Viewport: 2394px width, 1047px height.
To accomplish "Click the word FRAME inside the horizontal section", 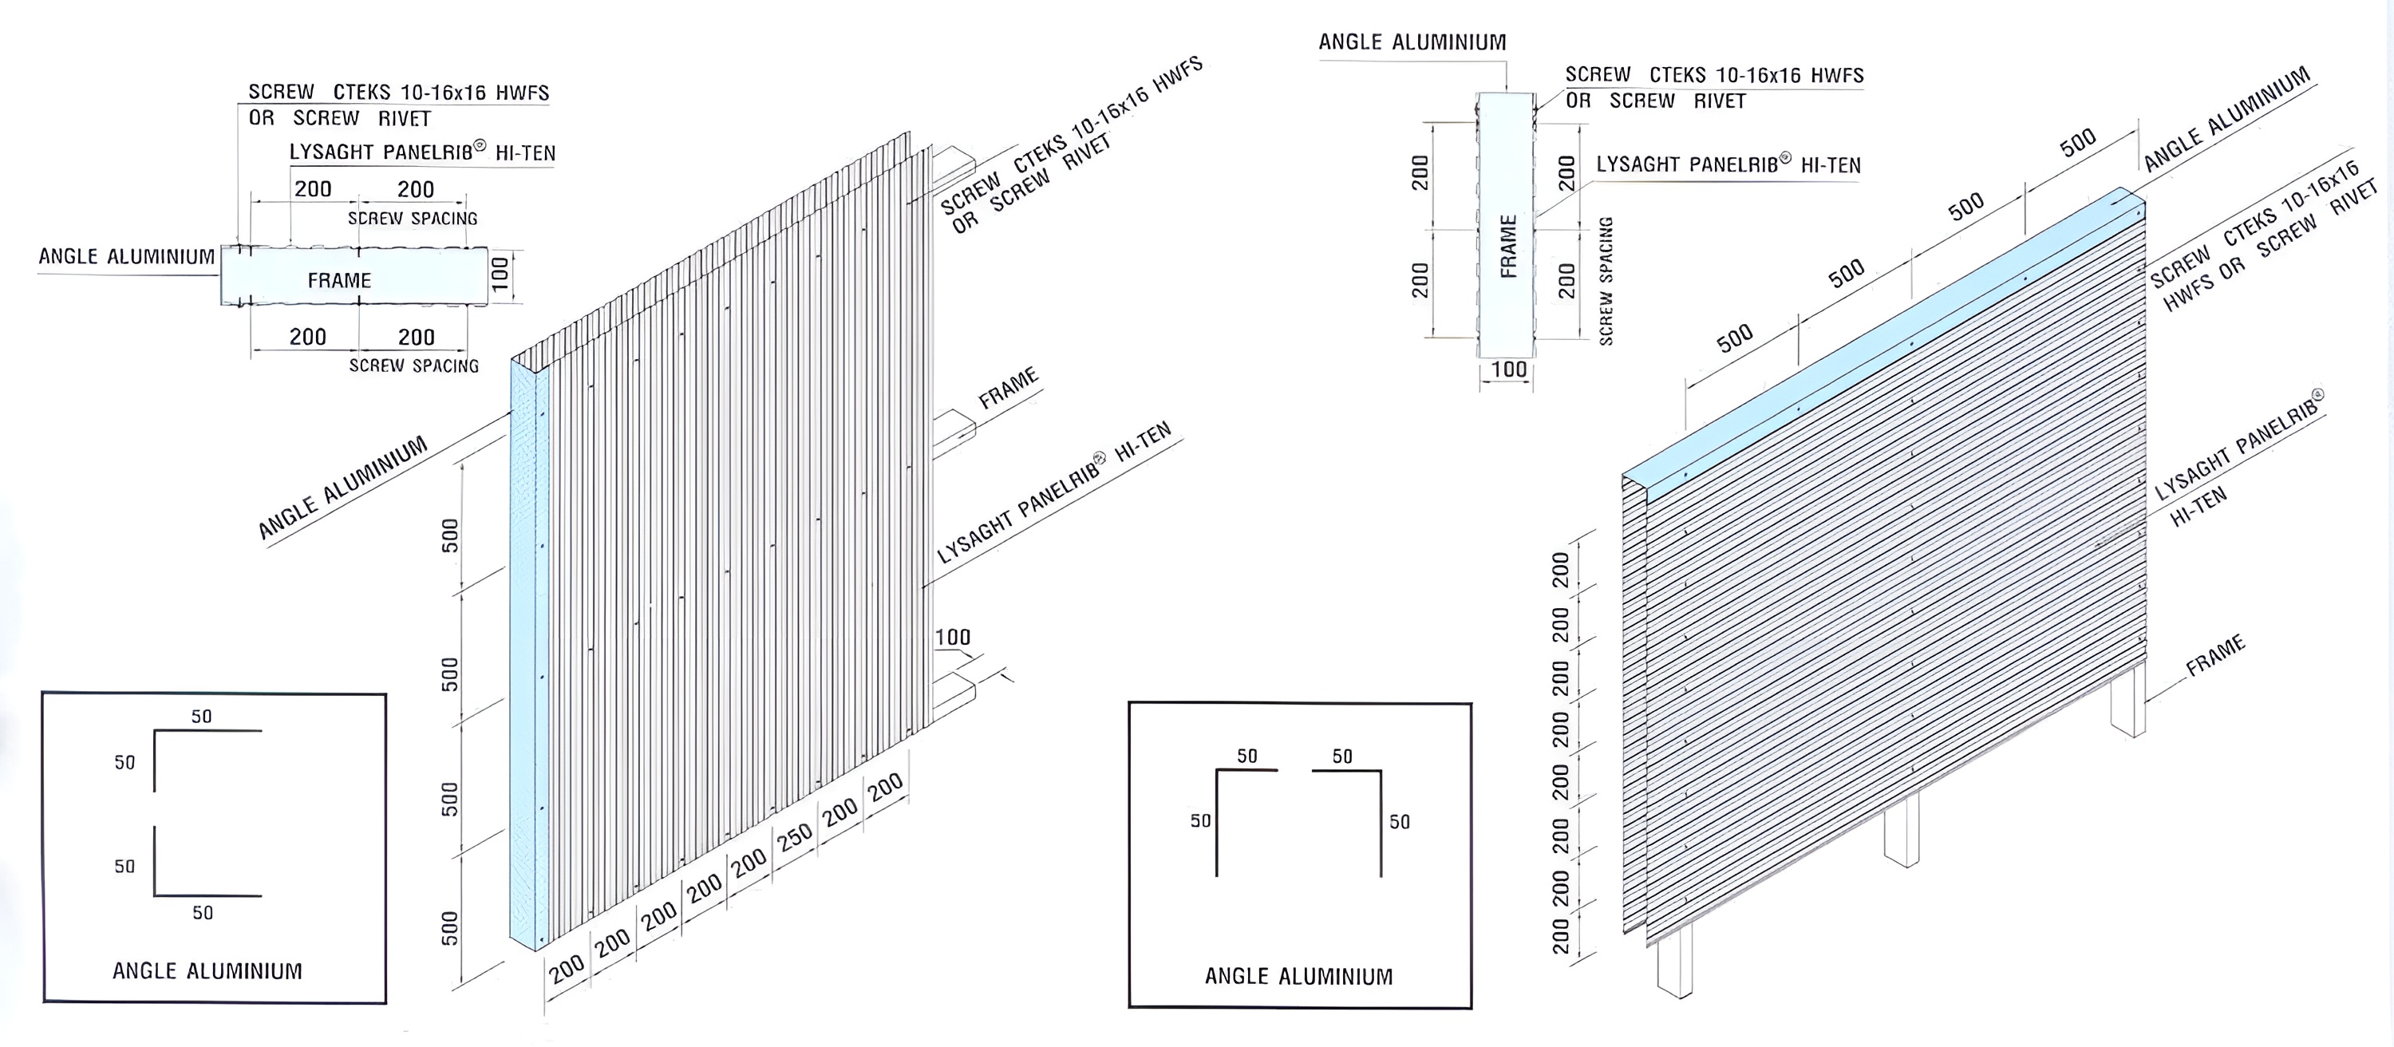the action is point(339,279).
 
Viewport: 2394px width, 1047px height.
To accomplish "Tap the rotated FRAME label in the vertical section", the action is point(1508,247).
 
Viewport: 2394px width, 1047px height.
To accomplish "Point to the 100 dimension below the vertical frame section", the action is point(1508,369).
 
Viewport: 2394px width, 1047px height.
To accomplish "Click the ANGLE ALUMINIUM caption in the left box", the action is point(207,971).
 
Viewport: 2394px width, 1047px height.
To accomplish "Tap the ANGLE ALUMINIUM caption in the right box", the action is point(1298,977).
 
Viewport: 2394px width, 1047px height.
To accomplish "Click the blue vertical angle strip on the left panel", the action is point(529,655).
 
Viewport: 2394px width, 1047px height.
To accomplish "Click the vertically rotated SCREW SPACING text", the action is point(1605,281).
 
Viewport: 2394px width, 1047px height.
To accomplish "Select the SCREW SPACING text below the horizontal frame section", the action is point(413,366).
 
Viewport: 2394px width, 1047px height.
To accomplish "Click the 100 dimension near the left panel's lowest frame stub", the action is point(953,638).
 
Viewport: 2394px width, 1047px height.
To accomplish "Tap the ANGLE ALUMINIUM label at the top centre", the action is point(1412,41).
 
